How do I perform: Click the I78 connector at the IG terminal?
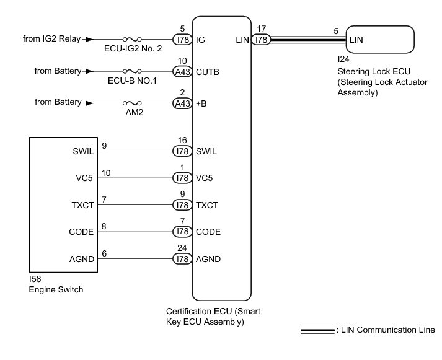(182, 38)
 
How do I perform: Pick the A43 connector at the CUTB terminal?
(182, 71)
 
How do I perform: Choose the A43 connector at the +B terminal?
(182, 103)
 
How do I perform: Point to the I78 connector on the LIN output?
(262, 38)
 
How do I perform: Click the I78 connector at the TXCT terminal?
(182, 205)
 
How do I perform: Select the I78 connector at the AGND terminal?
(182, 259)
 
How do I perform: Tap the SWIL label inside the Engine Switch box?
(83, 151)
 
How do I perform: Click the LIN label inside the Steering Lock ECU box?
(356, 39)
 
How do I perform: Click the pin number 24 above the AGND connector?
(182, 248)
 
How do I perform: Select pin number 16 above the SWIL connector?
(182, 140)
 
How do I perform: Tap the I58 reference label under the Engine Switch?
(35, 280)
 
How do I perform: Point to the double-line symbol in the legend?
(317, 330)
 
